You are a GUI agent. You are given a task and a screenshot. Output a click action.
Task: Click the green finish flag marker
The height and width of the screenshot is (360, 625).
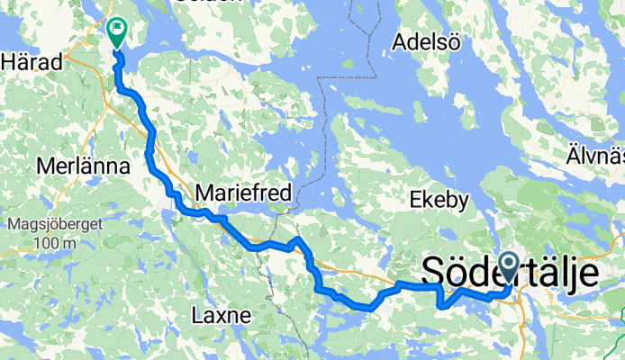[117, 31]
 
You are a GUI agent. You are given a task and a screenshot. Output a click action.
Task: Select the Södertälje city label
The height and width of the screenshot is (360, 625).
[510, 271]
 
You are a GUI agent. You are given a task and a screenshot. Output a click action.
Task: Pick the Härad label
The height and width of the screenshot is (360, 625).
[32, 62]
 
